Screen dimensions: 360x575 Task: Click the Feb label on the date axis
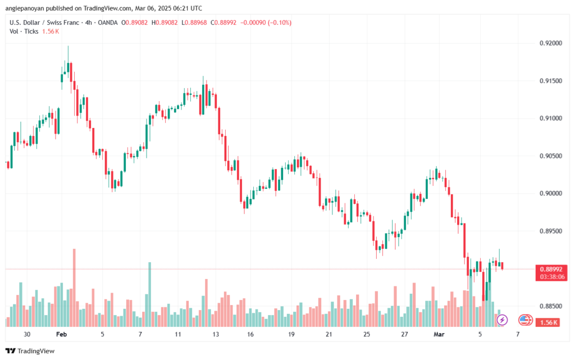[x=62, y=334]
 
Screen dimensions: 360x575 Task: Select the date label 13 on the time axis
[x=215, y=334]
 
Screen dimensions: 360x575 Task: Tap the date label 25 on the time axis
[x=366, y=334]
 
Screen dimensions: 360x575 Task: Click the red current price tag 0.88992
[x=547, y=268]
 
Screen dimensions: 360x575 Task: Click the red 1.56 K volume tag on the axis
[x=547, y=322]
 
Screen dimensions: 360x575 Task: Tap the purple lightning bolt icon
[x=502, y=320]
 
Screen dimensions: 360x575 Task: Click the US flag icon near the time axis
[x=525, y=320]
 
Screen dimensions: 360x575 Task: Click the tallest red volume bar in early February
[x=74, y=286]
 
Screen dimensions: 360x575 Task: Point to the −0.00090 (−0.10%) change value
[x=266, y=22]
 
